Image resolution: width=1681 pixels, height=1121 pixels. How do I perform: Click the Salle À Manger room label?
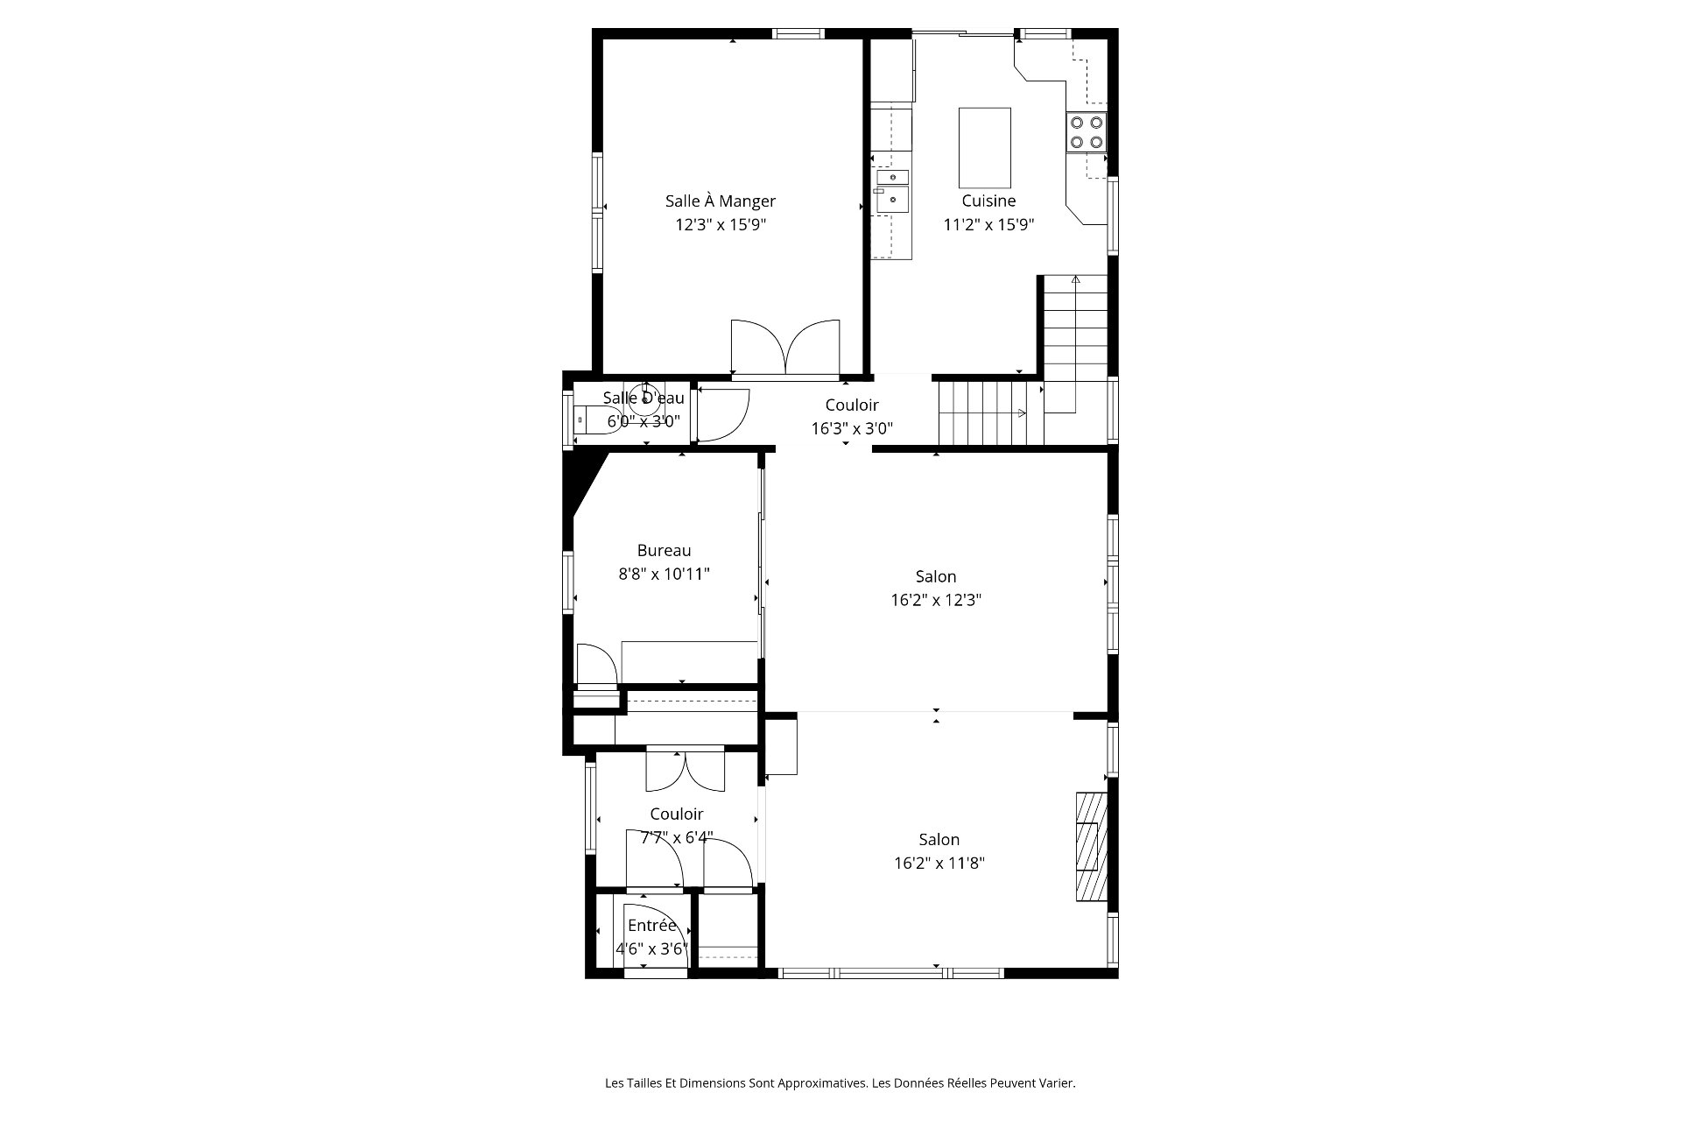tap(720, 201)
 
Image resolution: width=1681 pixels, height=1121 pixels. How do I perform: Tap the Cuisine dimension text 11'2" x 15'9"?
tap(988, 224)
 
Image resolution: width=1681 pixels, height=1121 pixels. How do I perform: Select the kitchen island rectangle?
tap(985, 144)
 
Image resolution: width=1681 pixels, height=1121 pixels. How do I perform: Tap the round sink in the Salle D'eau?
tap(646, 399)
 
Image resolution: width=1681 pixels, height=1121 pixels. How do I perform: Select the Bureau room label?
tap(664, 550)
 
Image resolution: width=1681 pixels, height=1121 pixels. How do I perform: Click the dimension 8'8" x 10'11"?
tap(664, 575)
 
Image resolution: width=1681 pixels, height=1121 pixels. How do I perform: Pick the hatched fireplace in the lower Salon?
tap(1091, 847)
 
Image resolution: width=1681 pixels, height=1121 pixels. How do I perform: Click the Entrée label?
tap(652, 926)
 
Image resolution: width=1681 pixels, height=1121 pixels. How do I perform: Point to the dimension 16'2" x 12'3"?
tap(936, 601)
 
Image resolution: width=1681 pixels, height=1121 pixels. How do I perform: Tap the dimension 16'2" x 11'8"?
tap(939, 863)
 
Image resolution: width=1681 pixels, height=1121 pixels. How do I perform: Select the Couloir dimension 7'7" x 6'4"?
tap(676, 838)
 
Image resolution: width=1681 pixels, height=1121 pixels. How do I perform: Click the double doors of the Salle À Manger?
tap(785, 348)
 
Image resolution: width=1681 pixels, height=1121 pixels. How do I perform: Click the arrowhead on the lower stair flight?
tap(1022, 413)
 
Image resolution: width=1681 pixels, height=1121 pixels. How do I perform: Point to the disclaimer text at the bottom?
tap(840, 1083)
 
